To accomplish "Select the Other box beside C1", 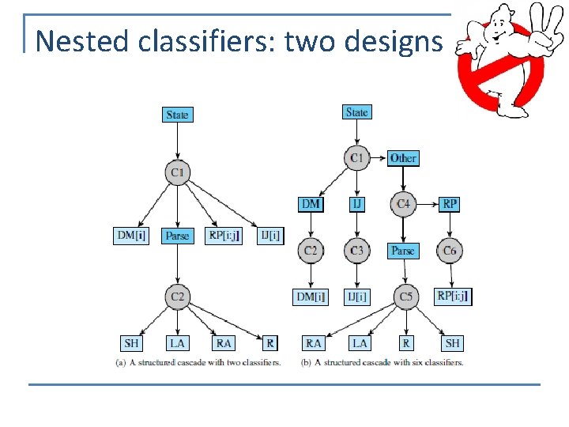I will click(403, 158).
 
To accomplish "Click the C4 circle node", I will click(403, 205).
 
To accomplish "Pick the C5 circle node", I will click(405, 297).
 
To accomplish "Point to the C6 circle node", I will click(450, 251).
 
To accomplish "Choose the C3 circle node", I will click(357, 251).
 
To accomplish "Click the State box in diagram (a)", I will click(177, 115).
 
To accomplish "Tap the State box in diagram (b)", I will click(356, 112).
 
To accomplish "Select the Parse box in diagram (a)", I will click(177, 236).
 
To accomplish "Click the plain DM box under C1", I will click(311, 204).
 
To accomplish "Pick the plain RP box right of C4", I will click(450, 204).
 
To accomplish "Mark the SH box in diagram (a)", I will click(131, 343).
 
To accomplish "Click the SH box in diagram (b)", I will click(452, 343).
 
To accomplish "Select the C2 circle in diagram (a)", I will click(177, 297).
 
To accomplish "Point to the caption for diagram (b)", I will click(382, 363).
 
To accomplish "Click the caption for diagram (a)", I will click(198, 363).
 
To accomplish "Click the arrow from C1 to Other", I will click(379, 158).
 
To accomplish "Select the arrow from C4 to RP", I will click(426, 205).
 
